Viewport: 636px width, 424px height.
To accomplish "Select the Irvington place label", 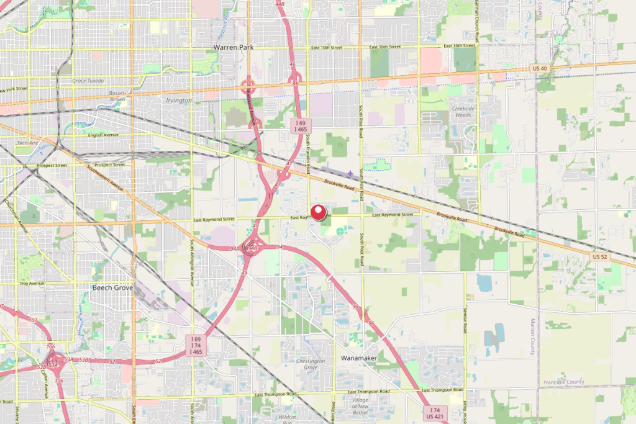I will coord(179,101).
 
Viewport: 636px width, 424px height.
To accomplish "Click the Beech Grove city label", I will coord(112,287).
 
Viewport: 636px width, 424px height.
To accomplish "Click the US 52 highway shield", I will coord(600,256).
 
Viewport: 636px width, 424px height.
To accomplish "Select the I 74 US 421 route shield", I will coord(437,414).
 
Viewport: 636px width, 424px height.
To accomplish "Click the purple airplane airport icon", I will coord(352,173).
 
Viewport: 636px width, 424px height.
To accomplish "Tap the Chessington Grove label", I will coord(311,364).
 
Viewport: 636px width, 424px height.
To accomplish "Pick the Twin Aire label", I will coord(29,143).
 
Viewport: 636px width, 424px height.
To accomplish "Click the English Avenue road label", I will coord(103,135).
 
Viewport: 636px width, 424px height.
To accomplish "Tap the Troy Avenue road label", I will coord(33,283).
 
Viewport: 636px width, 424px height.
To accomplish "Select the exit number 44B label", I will coord(279,4).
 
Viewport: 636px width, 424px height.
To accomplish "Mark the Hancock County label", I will coord(563,382).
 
